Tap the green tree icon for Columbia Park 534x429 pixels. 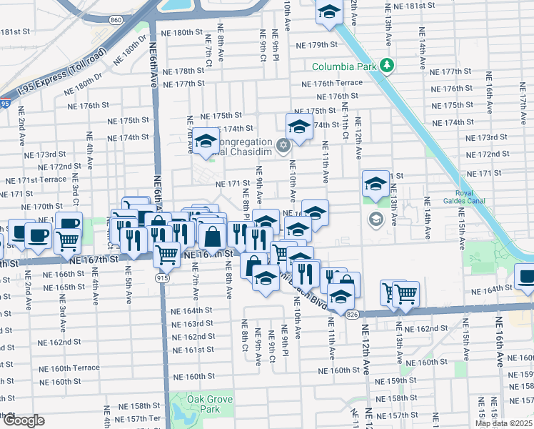point(387,66)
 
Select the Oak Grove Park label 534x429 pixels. point(203,405)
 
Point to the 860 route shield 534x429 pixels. point(116,21)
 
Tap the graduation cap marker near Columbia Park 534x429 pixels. point(329,12)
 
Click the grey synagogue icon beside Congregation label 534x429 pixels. point(283,146)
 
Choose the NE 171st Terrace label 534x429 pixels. point(35,179)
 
